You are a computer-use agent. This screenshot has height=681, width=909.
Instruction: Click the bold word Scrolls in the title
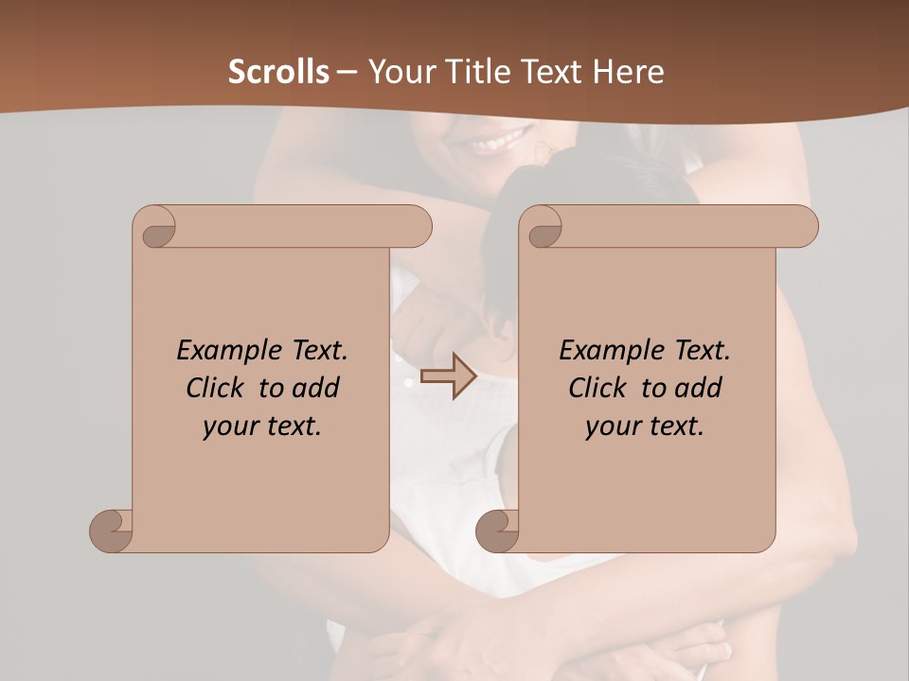click(279, 72)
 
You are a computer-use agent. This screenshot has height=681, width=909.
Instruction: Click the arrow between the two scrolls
click(448, 376)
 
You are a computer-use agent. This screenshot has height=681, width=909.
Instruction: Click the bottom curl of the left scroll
click(112, 531)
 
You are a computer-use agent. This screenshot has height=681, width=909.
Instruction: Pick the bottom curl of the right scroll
click(497, 531)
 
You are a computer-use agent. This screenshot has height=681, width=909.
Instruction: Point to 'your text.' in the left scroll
click(262, 426)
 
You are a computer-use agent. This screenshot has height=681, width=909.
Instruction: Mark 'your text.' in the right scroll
click(645, 426)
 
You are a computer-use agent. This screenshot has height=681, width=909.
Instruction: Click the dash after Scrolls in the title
click(348, 72)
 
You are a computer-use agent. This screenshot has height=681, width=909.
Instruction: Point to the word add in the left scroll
click(316, 388)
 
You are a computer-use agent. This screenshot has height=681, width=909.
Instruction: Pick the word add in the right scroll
click(699, 388)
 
